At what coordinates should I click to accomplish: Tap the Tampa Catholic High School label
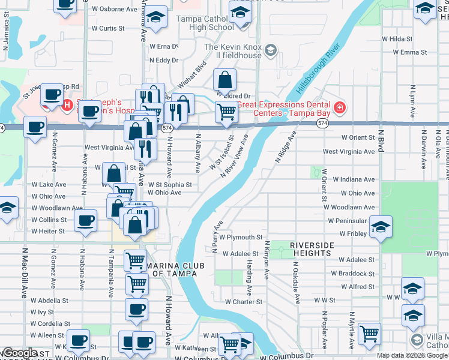pos(205,23)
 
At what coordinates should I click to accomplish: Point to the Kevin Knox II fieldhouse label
pos(233,51)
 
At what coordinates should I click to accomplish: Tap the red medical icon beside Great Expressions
pos(340,108)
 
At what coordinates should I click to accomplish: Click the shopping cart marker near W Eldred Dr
pos(226,111)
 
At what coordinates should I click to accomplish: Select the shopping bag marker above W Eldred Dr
pos(224,79)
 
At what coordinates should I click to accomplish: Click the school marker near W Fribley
pos(381,227)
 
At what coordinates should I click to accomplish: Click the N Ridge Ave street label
pos(286,147)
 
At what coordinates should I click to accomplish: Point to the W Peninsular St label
pos(351,221)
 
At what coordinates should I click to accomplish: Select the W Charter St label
pos(243,302)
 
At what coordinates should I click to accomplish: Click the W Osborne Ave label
pos(115,9)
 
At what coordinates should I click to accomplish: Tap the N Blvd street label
pos(380,147)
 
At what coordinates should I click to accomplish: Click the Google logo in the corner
pos(20,353)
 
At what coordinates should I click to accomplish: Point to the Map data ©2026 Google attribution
pos(411,355)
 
